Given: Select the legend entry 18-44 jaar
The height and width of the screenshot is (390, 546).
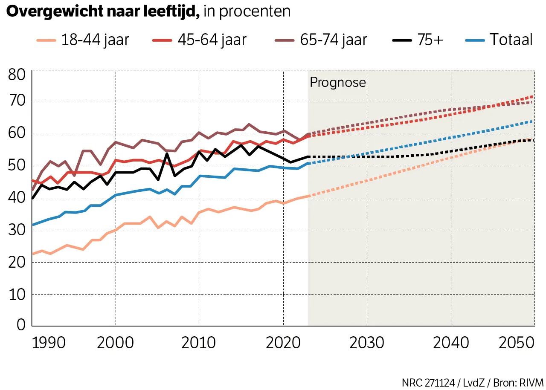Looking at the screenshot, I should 95,40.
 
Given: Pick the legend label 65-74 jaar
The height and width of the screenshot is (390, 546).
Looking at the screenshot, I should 333,40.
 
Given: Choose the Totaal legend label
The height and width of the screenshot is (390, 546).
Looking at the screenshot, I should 511,40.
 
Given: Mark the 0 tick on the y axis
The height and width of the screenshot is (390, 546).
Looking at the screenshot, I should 21,326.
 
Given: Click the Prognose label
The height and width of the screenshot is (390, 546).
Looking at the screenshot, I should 338,82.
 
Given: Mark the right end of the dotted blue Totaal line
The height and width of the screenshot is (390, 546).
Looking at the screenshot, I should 532,121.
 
